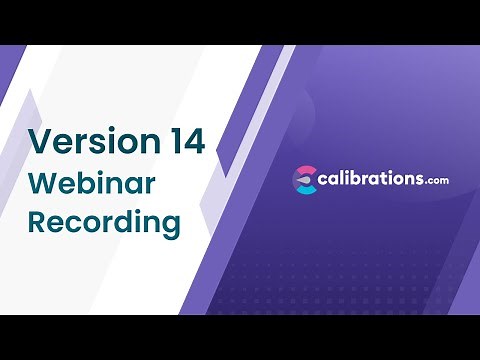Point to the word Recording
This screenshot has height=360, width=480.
(x=104, y=222)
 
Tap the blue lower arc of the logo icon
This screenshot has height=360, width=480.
(x=305, y=190)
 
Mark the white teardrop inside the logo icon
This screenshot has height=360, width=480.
(x=306, y=180)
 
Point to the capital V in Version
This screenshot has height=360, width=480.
(x=40, y=141)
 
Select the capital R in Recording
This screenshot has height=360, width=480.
(x=38, y=222)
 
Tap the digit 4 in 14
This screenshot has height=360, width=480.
(x=193, y=141)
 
